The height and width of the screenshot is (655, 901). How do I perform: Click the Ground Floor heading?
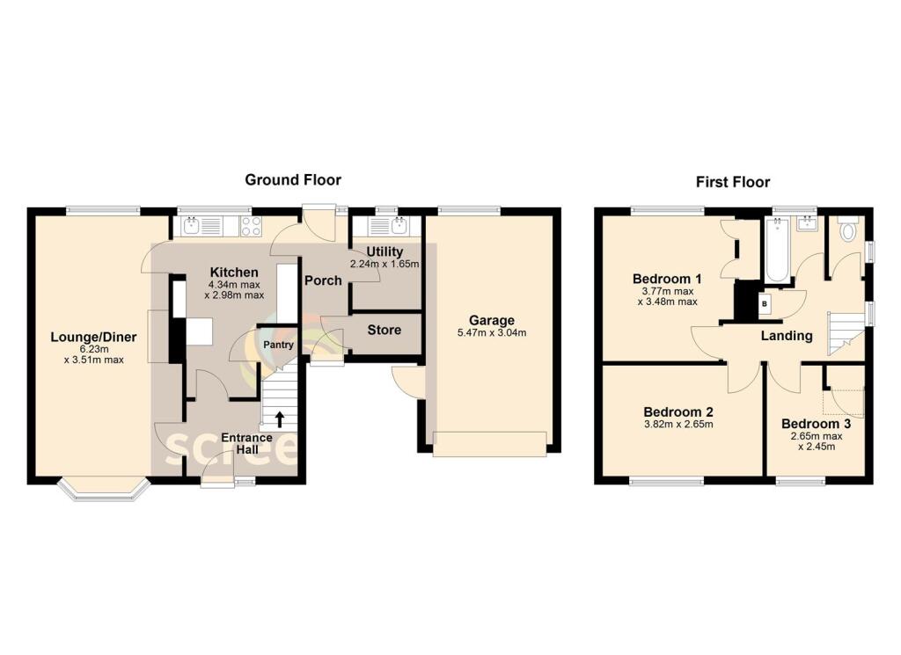[x=293, y=179]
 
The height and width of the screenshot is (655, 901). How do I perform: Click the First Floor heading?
[x=732, y=182]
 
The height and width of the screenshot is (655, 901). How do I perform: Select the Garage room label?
[x=491, y=320]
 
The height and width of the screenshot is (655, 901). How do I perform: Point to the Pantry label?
[x=280, y=345]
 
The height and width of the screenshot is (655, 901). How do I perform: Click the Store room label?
[x=385, y=330]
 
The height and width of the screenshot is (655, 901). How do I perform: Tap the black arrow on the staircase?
[x=280, y=418]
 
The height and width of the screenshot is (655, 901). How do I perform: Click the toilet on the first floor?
[x=848, y=231]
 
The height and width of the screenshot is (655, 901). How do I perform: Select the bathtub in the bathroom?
[x=776, y=251]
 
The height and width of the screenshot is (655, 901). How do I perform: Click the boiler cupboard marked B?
[x=763, y=304]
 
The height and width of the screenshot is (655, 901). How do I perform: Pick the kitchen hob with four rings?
[x=250, y=226]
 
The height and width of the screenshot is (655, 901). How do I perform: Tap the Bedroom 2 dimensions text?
[x=678, y=425]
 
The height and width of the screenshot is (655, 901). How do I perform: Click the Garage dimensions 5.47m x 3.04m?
[x=491, y=333]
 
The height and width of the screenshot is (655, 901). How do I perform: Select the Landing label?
[x=787, y=336]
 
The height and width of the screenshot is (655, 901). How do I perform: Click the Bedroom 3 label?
[x=816, y=423]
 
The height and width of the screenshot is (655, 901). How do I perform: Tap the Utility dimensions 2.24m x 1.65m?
[x=385, y=264]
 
